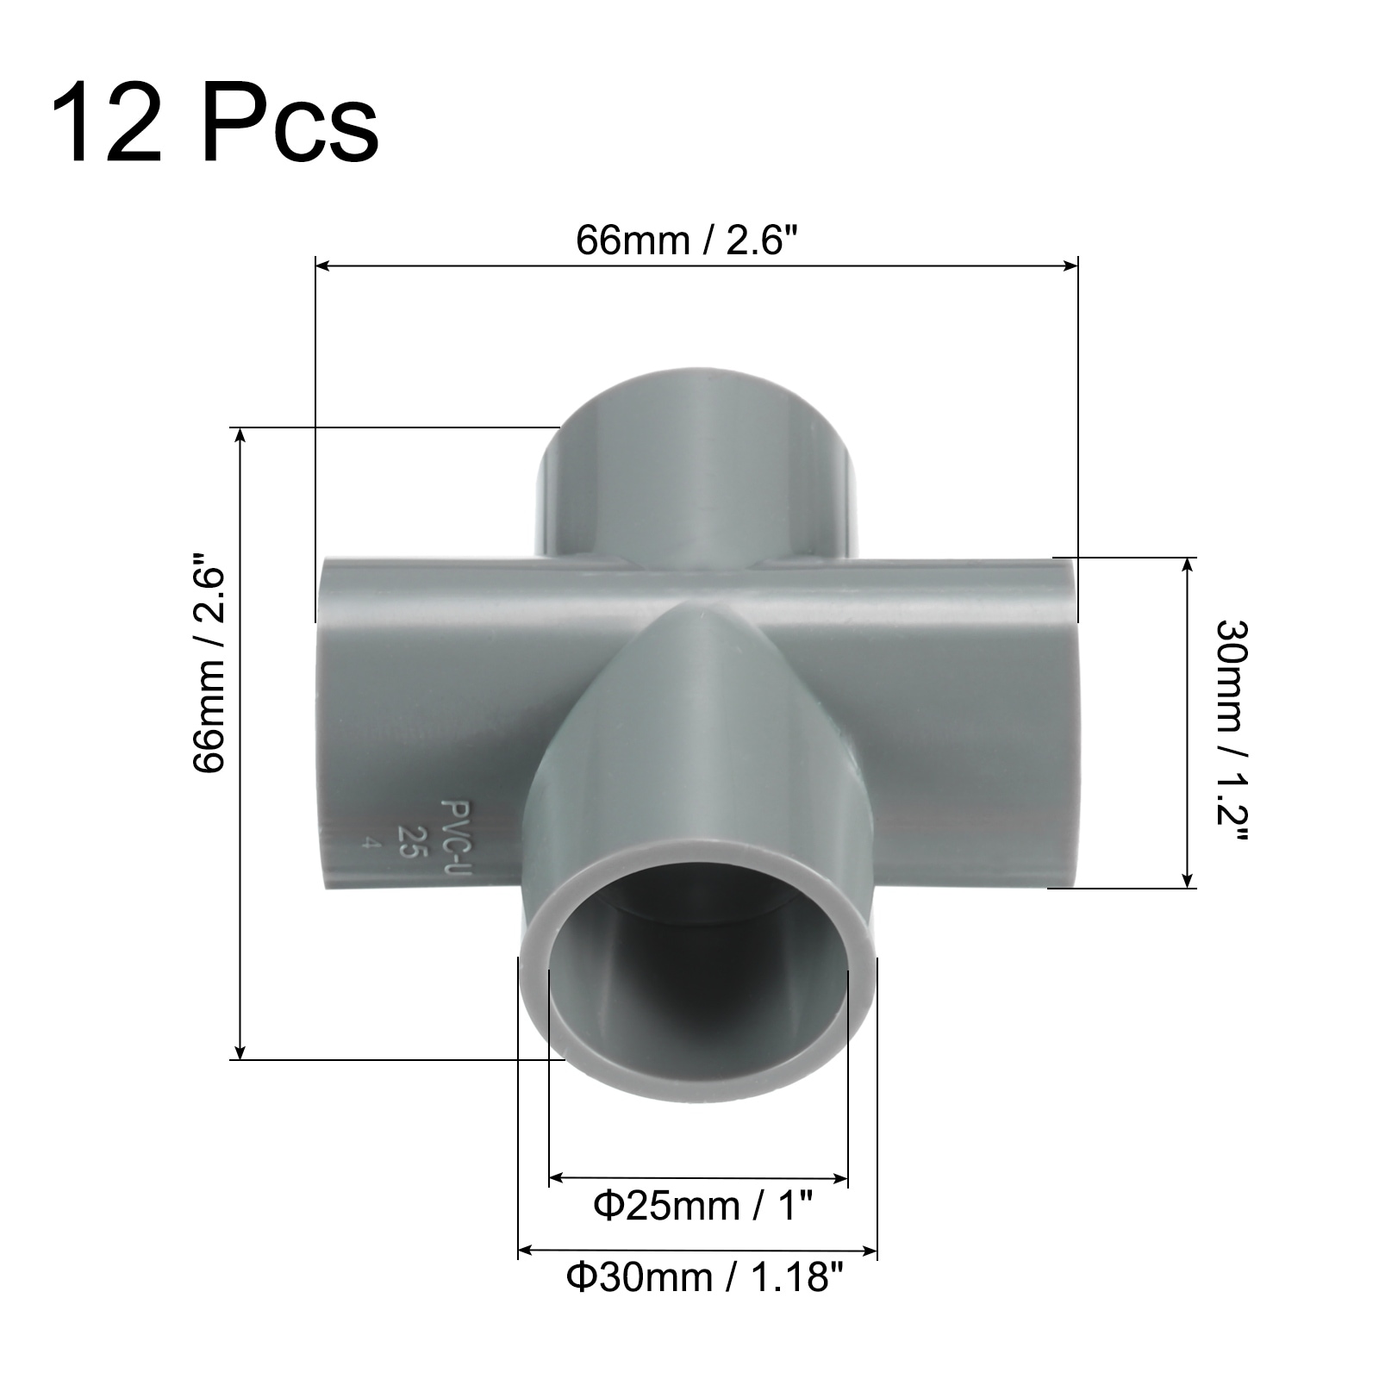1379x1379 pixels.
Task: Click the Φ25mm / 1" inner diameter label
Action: tap(703, 1205)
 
